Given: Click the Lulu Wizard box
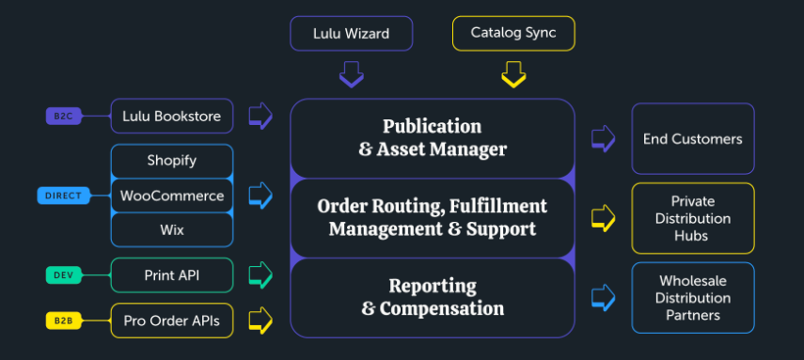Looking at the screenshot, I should pyautogui.click(x=351, y=34).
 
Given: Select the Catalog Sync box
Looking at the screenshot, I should pyautogui.click(x=513, y=34).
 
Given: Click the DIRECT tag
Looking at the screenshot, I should pyautogui.click(x=64, y=196).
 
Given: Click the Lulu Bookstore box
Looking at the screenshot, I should pyautogui.click(x=171, y=117).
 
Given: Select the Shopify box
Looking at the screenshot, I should pyautogui.click(x=171, y=161).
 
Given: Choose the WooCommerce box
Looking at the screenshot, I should pyautogui.click(x=171, y=196).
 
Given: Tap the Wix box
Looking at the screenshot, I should pyautogui.click(x=171, y=230).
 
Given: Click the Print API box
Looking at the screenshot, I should pyautogui.click(x=171, y=275).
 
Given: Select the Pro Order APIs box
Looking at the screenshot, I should pyautogui.click(x=171, y=321).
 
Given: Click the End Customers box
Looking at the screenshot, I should pyautogui.click(x=692, y=139).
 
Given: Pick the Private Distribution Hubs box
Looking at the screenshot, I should pyautogui.click(x=692, y=218).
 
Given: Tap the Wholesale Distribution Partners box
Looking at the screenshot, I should pyautogui.click(x=692, y=298).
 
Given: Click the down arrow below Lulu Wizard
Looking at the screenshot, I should pyautogui.click(x=351, y=73).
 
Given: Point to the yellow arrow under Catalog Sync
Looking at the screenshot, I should pyautogui.click(x=513, y=73).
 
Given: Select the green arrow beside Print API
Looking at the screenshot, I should pyautogui.click(x=260, y=275).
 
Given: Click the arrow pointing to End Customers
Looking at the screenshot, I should pyautogui.click(x=603, y=139).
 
